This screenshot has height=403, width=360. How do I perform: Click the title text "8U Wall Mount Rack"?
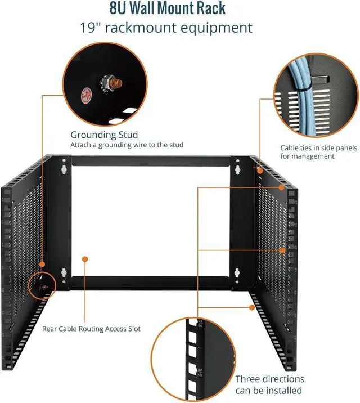[179, 10]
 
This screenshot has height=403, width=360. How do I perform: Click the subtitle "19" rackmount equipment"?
[179, 27]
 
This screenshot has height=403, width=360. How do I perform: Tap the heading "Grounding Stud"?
[104, 135]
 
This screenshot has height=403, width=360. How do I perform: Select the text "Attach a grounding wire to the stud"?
[127, 145]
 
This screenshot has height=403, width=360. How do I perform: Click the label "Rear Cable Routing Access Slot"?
[92, 329]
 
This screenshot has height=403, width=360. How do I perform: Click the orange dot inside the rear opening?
[85, 259]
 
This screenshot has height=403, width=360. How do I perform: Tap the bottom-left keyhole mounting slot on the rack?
[64, 274]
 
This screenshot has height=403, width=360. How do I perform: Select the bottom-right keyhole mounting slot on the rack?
[238, 275]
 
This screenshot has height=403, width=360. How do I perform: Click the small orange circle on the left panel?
[43, 263]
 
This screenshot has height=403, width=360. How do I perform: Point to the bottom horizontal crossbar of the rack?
[152, 279]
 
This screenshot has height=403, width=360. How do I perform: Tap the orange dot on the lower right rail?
[251, 307]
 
